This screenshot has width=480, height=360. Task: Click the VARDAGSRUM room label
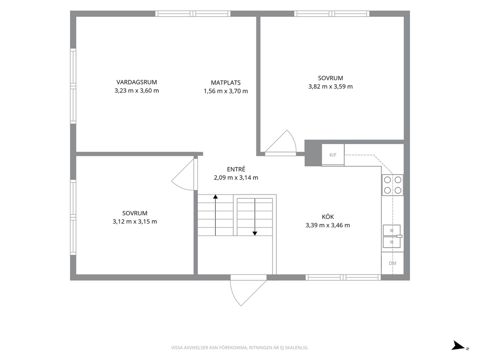tap(136, 82)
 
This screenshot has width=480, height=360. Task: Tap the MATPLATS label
tap(225, 83)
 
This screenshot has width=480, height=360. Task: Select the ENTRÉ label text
tap(236, 169)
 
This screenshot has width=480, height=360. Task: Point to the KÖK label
tap(328, 217)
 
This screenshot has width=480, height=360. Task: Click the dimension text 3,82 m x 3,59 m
tap(330, 87)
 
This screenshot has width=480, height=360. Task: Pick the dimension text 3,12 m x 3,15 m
tap(135, 222)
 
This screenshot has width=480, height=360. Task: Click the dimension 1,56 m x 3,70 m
tap(225, 91)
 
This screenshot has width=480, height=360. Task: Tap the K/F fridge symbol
tap(333, 155)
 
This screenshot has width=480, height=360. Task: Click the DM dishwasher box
tap(392, 263)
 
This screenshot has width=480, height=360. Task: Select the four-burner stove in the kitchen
tap(392, 185)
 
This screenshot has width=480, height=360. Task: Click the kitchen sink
tap(392, 236)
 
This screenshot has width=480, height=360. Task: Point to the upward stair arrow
tap(215, 215)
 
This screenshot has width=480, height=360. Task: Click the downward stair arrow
tap(255, 217)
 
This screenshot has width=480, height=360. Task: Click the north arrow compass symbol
tap(460, 345)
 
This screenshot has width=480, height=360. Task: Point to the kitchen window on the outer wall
tap(343, 277)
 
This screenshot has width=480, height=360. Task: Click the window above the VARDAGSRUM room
tap(193, 14)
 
